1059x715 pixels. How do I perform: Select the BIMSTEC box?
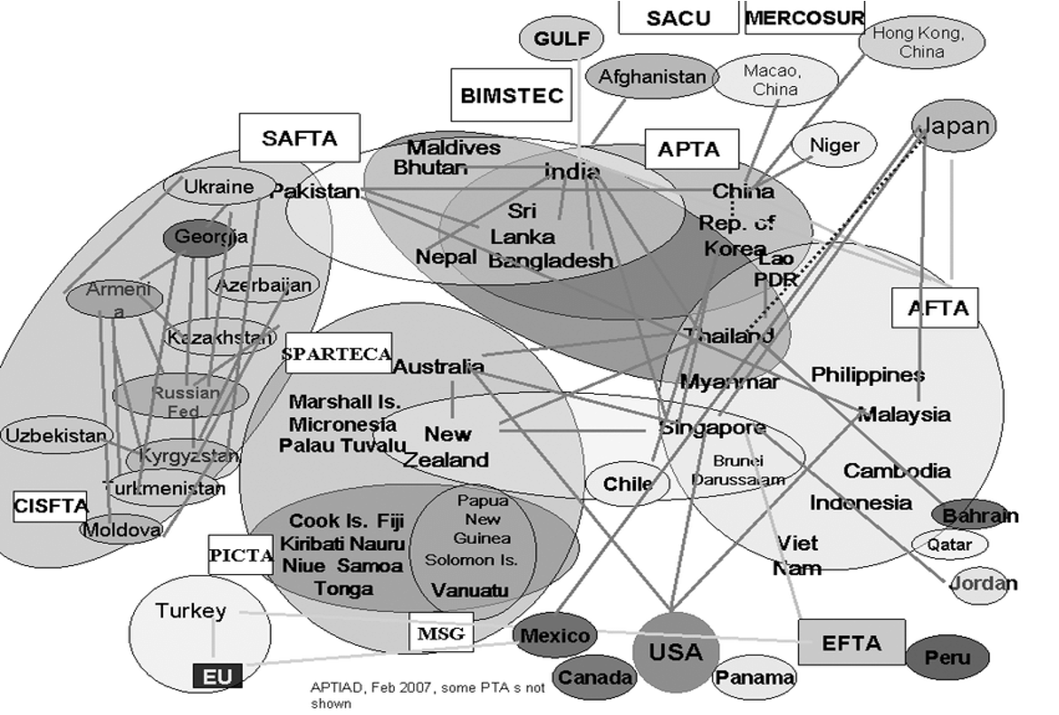[512, 95]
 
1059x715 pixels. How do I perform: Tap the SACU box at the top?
[678, 18]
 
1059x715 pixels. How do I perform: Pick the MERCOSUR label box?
[804, 18]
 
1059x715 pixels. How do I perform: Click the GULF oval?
[561, 39]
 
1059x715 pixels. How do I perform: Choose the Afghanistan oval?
[652, 77]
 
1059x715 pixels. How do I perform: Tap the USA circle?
[676, 653]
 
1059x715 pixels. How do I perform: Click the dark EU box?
[217, 677]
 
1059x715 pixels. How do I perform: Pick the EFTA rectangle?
[851, 642]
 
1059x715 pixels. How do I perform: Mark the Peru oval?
[948, 657]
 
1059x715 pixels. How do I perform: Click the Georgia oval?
[198, 238]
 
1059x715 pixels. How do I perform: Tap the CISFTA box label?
[51, 507]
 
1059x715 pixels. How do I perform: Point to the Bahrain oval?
[975, 515]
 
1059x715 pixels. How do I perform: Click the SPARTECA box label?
[338, 354]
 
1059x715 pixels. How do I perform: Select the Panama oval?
[756, 677]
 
